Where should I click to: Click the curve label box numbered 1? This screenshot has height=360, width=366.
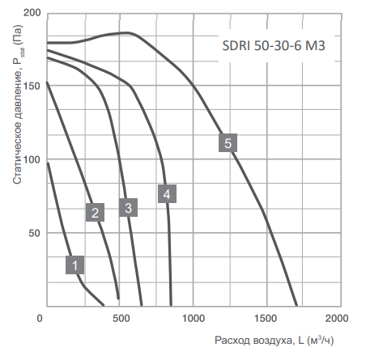click(x=74, y=264)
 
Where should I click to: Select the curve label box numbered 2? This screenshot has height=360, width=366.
click(x=96, y=213)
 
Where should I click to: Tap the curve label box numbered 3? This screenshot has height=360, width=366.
click(x=128, y=208)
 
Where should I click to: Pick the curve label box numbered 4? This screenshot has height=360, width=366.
click(x=167, y=193)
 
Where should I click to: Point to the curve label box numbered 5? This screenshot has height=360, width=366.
click(x=228, y=143)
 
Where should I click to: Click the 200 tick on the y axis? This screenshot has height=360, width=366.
click(x=32, y=14)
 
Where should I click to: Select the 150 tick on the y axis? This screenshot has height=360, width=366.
click(x=32, y=87)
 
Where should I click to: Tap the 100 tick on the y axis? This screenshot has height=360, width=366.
click(x=32, y=159)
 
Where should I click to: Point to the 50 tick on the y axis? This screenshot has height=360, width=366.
click(x=35, y=232)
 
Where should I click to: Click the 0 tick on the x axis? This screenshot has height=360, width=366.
click(x=47, y=317)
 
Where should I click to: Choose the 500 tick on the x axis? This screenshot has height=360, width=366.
click(x=120, y=317)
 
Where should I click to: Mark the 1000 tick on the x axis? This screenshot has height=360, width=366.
click(x=193, y=317)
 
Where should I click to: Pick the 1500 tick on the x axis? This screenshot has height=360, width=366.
click(x=266, y=317)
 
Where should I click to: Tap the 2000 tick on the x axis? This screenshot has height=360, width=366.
click(x=338, y=317)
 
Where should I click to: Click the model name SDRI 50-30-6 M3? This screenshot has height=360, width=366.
click(x=273, y=46)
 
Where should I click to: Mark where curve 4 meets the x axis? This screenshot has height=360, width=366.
click(x=171, y=306)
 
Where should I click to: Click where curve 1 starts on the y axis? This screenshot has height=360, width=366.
click(x=48, y=163)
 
